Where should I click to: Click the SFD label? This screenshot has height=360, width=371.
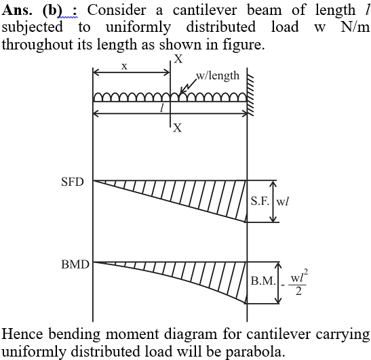(x=73, y=182)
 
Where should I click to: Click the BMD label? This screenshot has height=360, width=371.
(x=75, y=264)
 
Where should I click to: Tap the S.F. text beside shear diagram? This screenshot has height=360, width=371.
(x=260, y=201)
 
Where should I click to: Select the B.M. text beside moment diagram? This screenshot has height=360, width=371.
(x=263, y=281)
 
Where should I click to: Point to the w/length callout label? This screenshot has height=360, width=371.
(x=218, y=76)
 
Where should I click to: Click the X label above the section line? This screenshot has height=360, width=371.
(x=178, y=59)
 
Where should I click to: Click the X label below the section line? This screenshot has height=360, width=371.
(x=178, y=128)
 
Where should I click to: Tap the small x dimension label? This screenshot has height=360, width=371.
(x=124, y=67)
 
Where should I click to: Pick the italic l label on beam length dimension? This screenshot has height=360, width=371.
(x=162, y=108)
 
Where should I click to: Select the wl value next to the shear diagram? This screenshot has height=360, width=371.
(x=283, y=201)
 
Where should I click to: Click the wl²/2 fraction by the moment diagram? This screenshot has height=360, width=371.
(x=298, y=282)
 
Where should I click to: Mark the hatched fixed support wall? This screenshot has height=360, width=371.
(x=250, y=95)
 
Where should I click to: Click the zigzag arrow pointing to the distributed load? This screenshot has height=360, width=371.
(x=189, y=86)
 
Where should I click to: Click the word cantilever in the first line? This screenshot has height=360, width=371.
(x=205, y=11)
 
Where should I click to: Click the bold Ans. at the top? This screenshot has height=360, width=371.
(x=17, y=11)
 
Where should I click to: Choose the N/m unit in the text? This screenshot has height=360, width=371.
(x=355, y=27)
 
